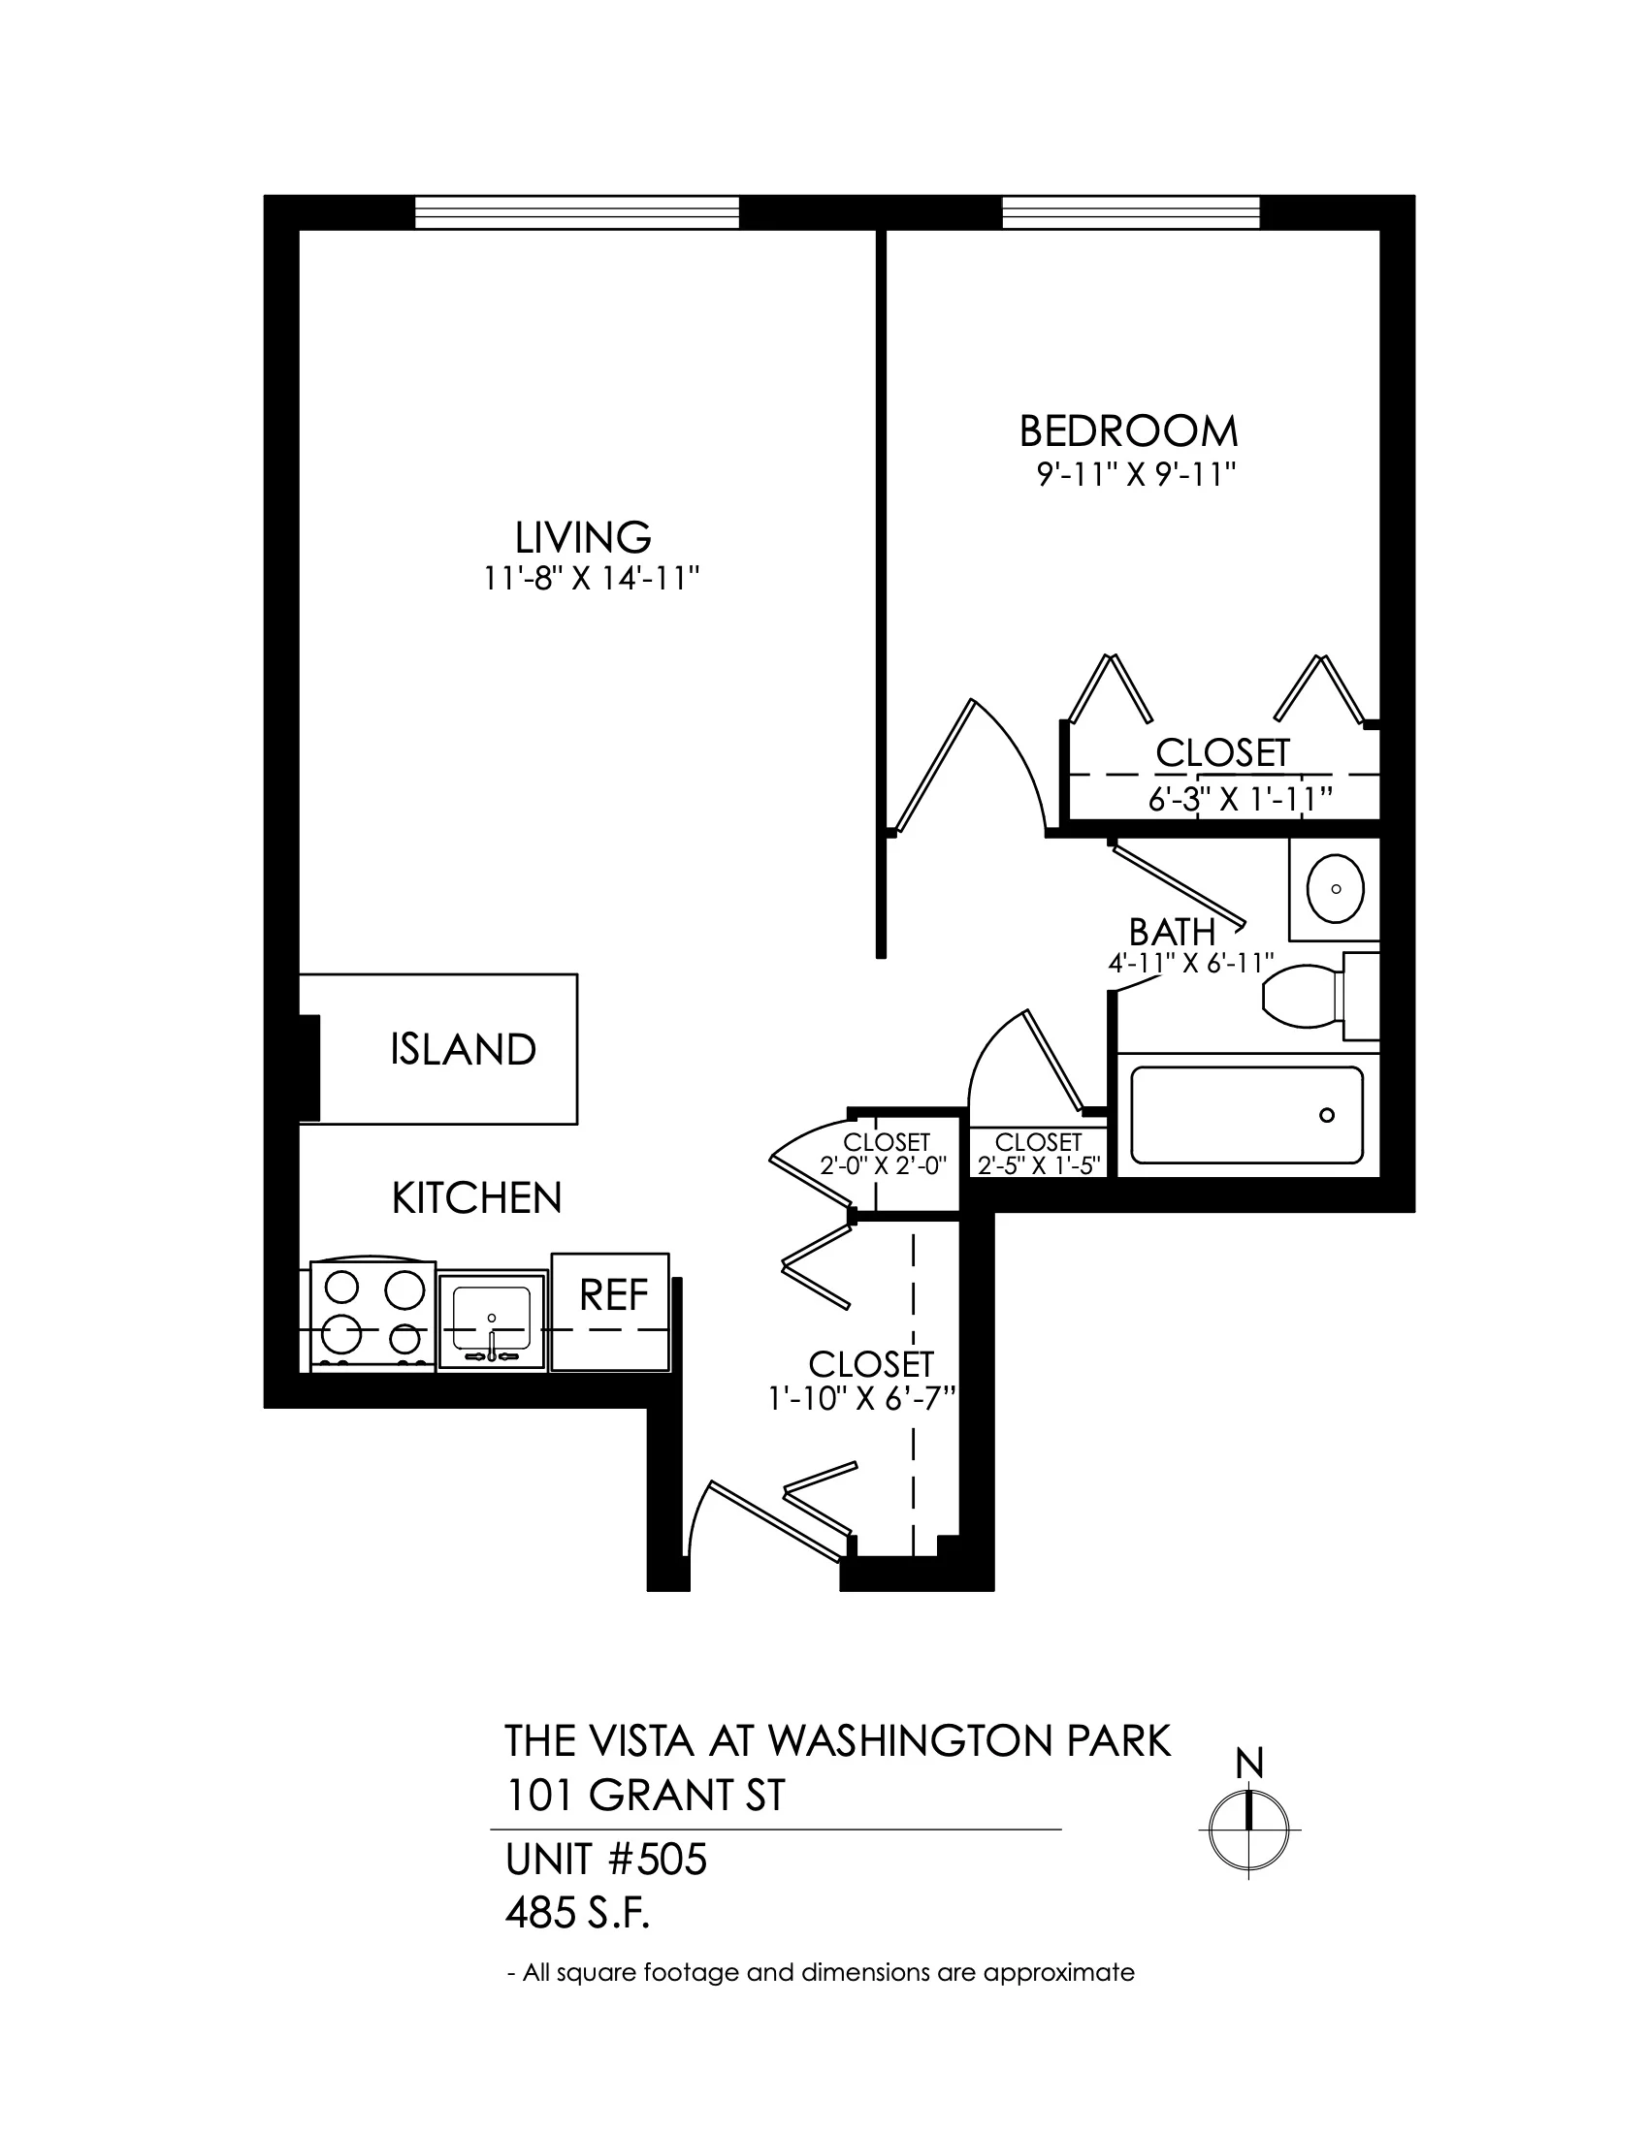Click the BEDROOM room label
(x=1128, y=430)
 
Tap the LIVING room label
(x=583, y=537)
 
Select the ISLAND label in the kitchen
(x=463, y=1049)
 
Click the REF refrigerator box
(x=610, y=1312)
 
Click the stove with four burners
(x=372, y=1315)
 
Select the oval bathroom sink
(x=1336, y=888)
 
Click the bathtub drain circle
(x=1327, y=1115)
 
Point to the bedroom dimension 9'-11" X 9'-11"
(x=1137, y=477)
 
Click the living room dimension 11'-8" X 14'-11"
(x=593, y=580)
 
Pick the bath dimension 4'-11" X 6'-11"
(x=1191, y=963)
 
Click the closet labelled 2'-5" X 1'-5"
(x=1040, y=1154)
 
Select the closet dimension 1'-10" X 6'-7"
(x=861, y=1399)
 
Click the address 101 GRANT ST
(x=645, y=1795)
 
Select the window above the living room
(x=577, y=212)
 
